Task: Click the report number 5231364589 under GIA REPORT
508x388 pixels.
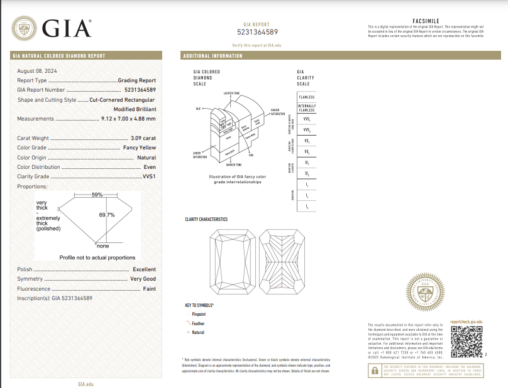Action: pyautogui.click(x=257, y=31)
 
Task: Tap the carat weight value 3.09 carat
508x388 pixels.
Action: pyautogui.click(x=143, y=137)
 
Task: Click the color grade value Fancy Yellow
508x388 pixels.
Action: pyautogui.click(x=139, y=148)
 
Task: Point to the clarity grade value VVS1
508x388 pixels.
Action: pyautogui.click(x=149, y=177)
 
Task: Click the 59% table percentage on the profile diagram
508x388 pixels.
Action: pyautogui.click(x=97, y=195)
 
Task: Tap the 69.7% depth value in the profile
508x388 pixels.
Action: pyautogui.click(x=106, y=215)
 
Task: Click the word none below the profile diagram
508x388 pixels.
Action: pyautogui.click(x=102, y=245)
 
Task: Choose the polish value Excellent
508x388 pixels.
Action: pyautogui.click(x=144, y=269)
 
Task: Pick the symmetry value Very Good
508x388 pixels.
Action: pyautogui.click(x=143, y=279)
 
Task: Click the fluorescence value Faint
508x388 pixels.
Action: pyautogui.click(x=149, y=288)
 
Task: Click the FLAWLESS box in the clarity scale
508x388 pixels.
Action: pyautogui.click(x=306, y=97)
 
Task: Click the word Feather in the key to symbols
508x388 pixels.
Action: pyautogui.click(x=198, y=323)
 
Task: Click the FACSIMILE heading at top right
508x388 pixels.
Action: pyautogui.click(x=426, y=21)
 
